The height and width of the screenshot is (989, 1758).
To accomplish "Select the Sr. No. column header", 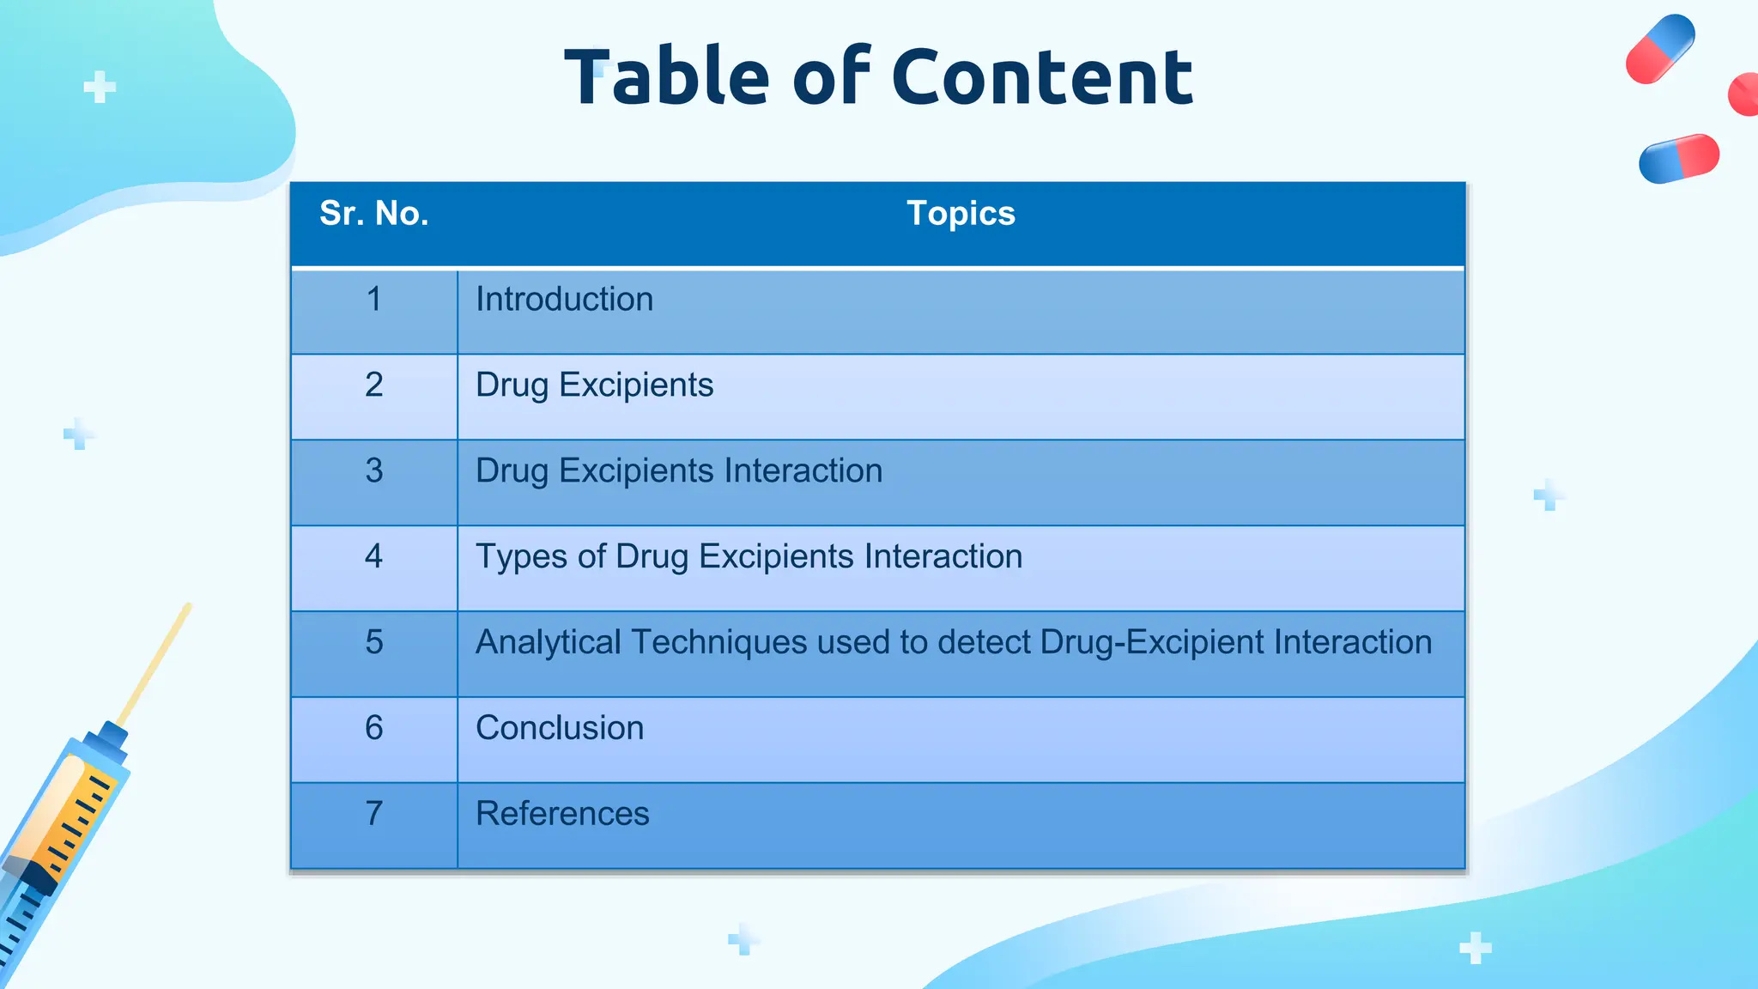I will [373, 213].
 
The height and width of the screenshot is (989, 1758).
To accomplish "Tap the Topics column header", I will [961, 213].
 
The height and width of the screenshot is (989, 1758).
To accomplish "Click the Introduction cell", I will [564, 300].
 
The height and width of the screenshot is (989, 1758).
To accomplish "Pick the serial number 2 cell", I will [373, 385].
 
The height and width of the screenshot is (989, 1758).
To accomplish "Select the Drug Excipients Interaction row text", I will [678, 470].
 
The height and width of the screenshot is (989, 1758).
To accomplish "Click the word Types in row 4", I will [521, 556].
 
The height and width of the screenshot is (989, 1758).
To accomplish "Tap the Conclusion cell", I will [560, 728].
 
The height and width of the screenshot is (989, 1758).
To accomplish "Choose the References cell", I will [562, 814].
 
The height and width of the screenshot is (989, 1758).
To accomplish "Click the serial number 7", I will [373, 814].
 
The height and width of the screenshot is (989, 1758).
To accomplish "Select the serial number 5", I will [373, 642].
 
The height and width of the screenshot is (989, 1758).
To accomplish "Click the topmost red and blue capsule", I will [1660, 49].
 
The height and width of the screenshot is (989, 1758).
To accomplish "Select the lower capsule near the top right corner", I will [1679, 159].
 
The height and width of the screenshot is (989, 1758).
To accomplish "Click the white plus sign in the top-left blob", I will [100, 87].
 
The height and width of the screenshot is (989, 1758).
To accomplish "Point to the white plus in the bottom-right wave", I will [1475, 948].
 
